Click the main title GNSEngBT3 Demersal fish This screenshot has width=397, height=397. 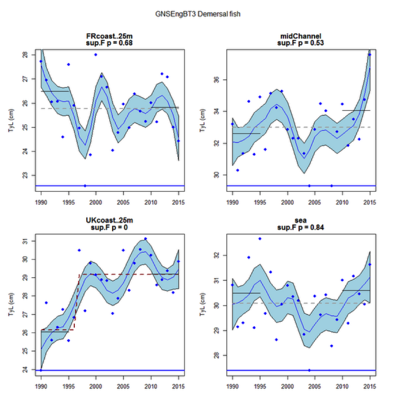click(198, 14)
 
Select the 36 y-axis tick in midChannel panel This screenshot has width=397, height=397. click(216, 80)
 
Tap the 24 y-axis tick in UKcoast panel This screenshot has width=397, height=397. click(25, 370)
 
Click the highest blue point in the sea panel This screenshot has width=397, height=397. click(260, 239)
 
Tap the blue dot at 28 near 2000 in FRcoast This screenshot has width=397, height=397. click(96, 55)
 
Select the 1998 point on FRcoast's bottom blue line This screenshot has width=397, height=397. click(85, 186)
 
